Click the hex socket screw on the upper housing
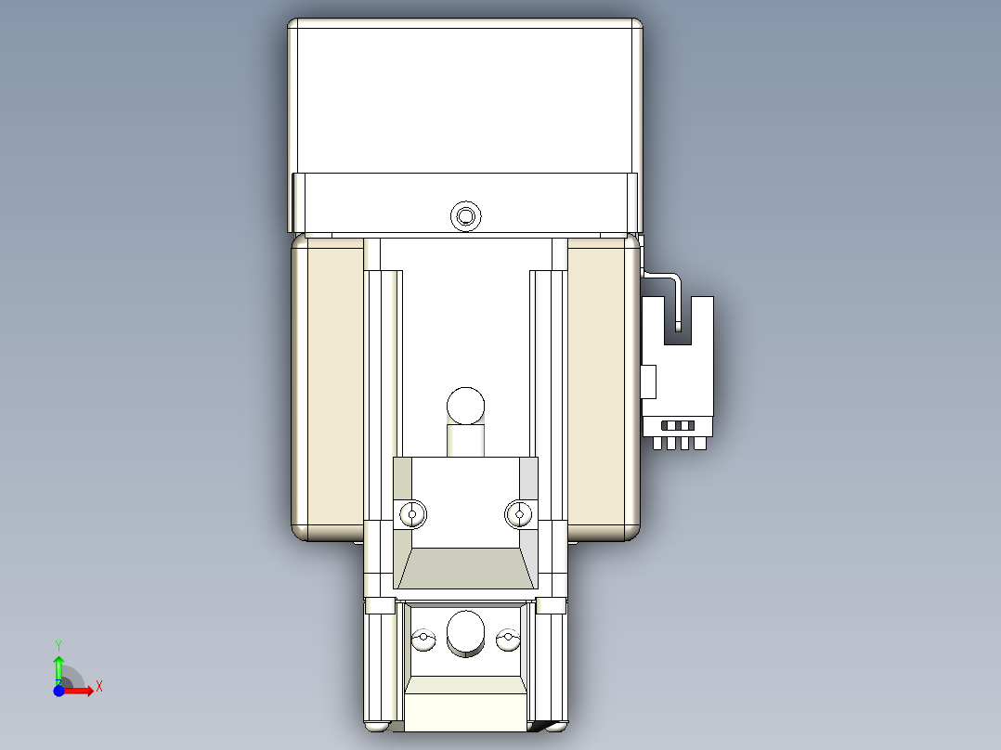point(465,217)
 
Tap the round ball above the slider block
point(465,406)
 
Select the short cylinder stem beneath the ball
point(465,439)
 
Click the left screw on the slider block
point(413,513)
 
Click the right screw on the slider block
point(519,513)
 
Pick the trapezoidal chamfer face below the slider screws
point(465,567)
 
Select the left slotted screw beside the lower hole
point(423,639)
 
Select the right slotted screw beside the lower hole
point(507,639)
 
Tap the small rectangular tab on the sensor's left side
point(648,381)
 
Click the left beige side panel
point(328,385)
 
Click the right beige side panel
point(602,385)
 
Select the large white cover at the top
point(465,97)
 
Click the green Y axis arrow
point(58,664)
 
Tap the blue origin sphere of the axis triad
point(58,691)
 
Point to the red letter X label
point(99,686)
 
